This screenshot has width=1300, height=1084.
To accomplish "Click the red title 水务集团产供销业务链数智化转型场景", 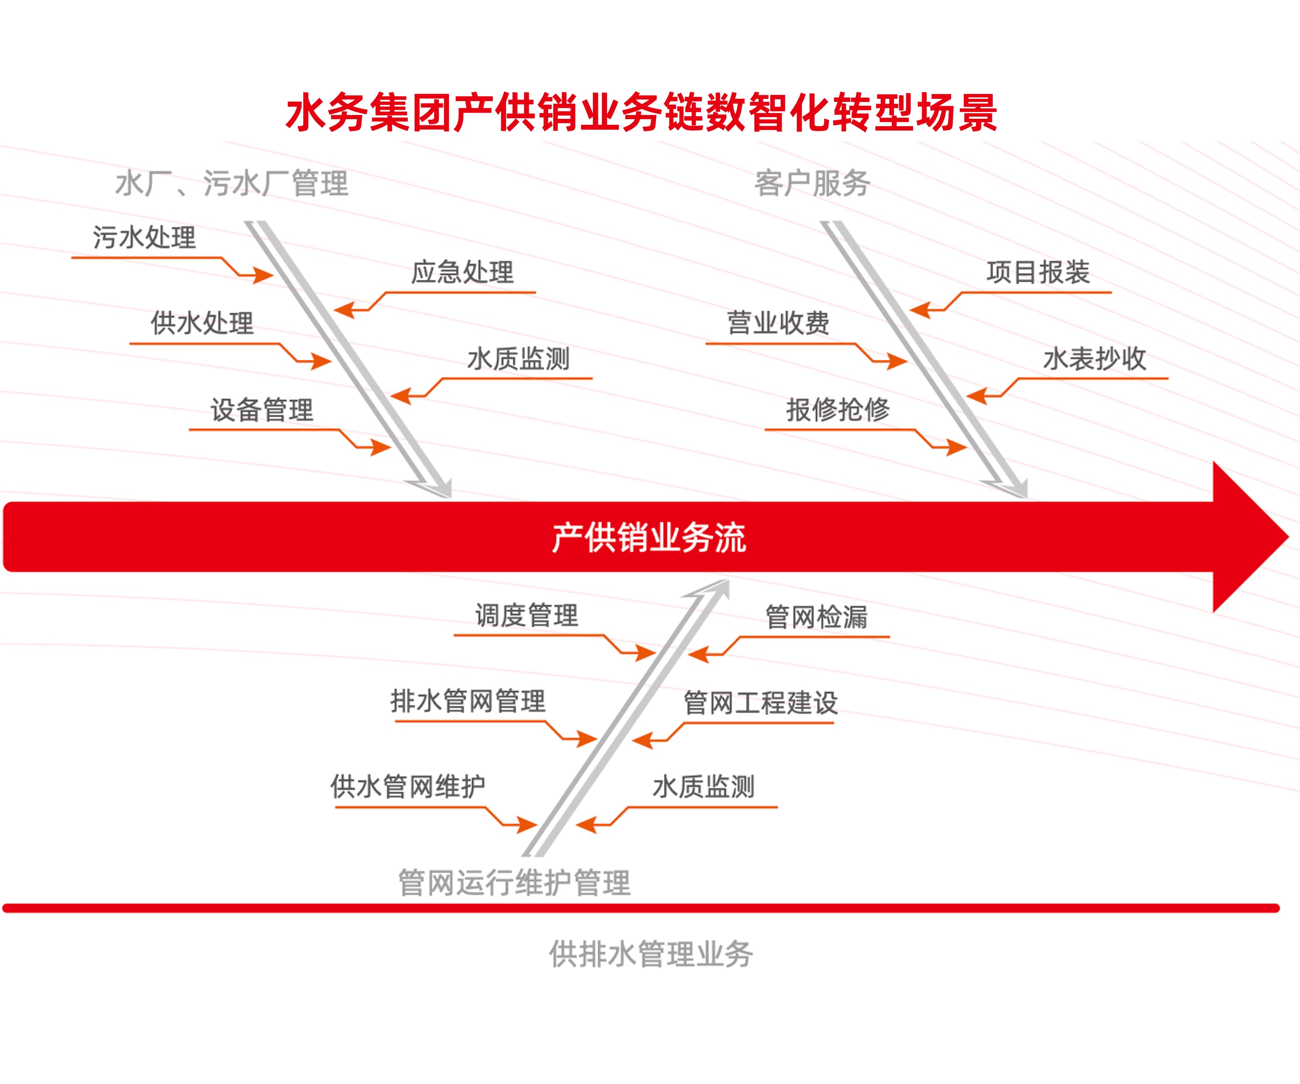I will point(641,113).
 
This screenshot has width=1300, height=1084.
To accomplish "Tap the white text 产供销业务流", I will point(649,537).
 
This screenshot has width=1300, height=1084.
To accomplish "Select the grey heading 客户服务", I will point(812,183).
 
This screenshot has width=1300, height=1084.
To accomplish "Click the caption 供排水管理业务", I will point(650,953).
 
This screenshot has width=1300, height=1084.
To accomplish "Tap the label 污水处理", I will point(144,237).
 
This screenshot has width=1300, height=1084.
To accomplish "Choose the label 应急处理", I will point(462,272).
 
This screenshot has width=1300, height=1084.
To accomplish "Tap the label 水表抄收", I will point(1095,359).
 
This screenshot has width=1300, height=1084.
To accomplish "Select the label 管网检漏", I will point(816,617).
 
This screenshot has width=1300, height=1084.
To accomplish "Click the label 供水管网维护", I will point(407,787).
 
